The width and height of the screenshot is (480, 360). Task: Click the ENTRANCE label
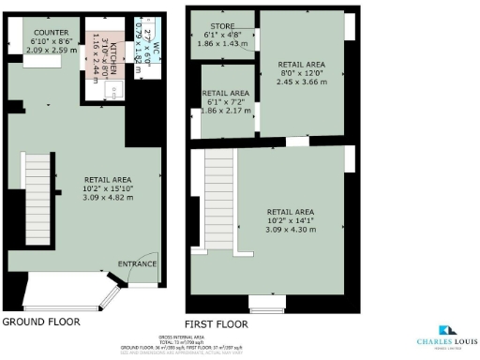(136, 263)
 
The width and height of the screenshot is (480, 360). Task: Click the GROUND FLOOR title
(40, 322)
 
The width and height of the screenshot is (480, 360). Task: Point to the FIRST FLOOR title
(217, 323)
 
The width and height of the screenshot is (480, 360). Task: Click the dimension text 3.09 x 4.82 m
(108, 198)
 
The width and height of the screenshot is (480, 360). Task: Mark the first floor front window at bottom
(264, 303)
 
